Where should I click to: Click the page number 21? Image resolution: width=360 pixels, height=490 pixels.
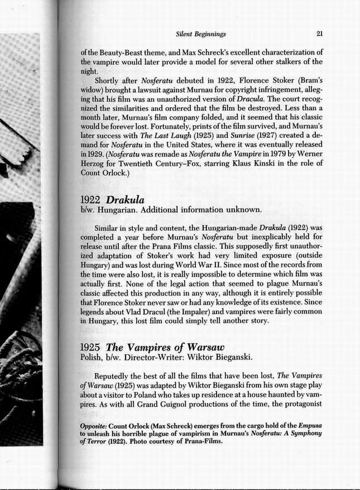319,33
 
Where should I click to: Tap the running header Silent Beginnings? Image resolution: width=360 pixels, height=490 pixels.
200,34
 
